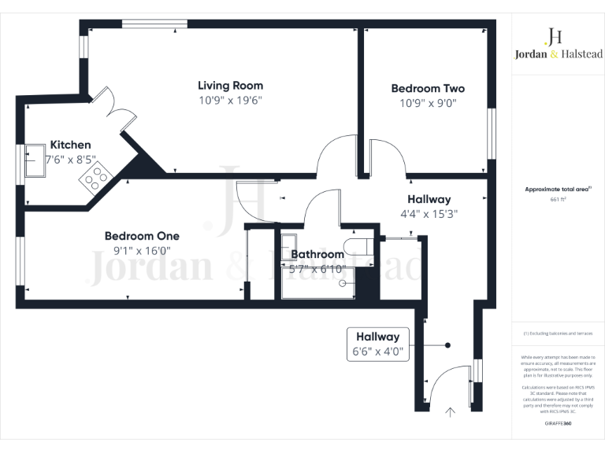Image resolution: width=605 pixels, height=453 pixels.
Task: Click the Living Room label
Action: (x=230, y=85)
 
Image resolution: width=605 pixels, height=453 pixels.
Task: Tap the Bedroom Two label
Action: (x=428, y=89)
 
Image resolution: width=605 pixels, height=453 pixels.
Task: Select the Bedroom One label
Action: (x=142, y=236)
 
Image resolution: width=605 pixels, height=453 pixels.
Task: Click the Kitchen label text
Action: (x=71, y=145)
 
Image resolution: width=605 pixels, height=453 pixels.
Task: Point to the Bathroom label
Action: (x=317, y=254)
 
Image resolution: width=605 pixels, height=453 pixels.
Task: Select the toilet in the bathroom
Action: (x=356, y=244)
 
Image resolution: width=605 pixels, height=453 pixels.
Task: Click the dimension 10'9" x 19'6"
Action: (x=230, y=101)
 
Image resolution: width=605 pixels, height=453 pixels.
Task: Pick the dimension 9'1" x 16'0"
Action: (x=142, y=251)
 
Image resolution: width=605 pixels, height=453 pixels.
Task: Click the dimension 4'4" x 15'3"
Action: (x=429, y=213)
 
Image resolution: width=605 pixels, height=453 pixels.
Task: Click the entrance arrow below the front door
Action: (x=451, y=411)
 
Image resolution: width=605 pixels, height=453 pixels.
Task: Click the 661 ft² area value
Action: (x=558, y=200)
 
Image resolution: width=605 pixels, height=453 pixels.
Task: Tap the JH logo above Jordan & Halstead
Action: (x=555, y=36)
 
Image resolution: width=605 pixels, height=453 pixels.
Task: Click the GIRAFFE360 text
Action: (x=558, y=423)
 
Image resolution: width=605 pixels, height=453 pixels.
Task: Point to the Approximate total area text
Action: (x=557, y=190)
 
